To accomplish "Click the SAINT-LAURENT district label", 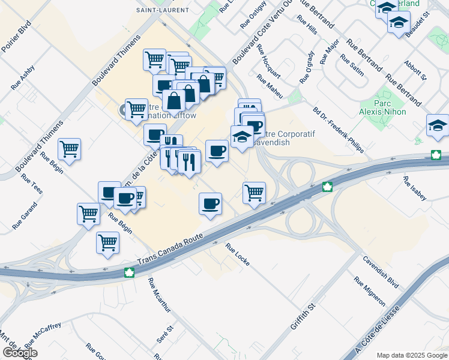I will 162,10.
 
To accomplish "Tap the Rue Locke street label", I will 237,254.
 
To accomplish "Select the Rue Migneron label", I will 369,292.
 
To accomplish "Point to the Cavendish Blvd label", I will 381,272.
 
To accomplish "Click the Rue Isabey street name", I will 415,189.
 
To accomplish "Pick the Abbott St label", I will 415,70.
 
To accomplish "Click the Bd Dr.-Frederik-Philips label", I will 338,130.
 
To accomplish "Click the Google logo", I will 20,353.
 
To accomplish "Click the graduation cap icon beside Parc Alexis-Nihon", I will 437,125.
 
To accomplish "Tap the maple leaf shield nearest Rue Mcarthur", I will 128,273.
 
